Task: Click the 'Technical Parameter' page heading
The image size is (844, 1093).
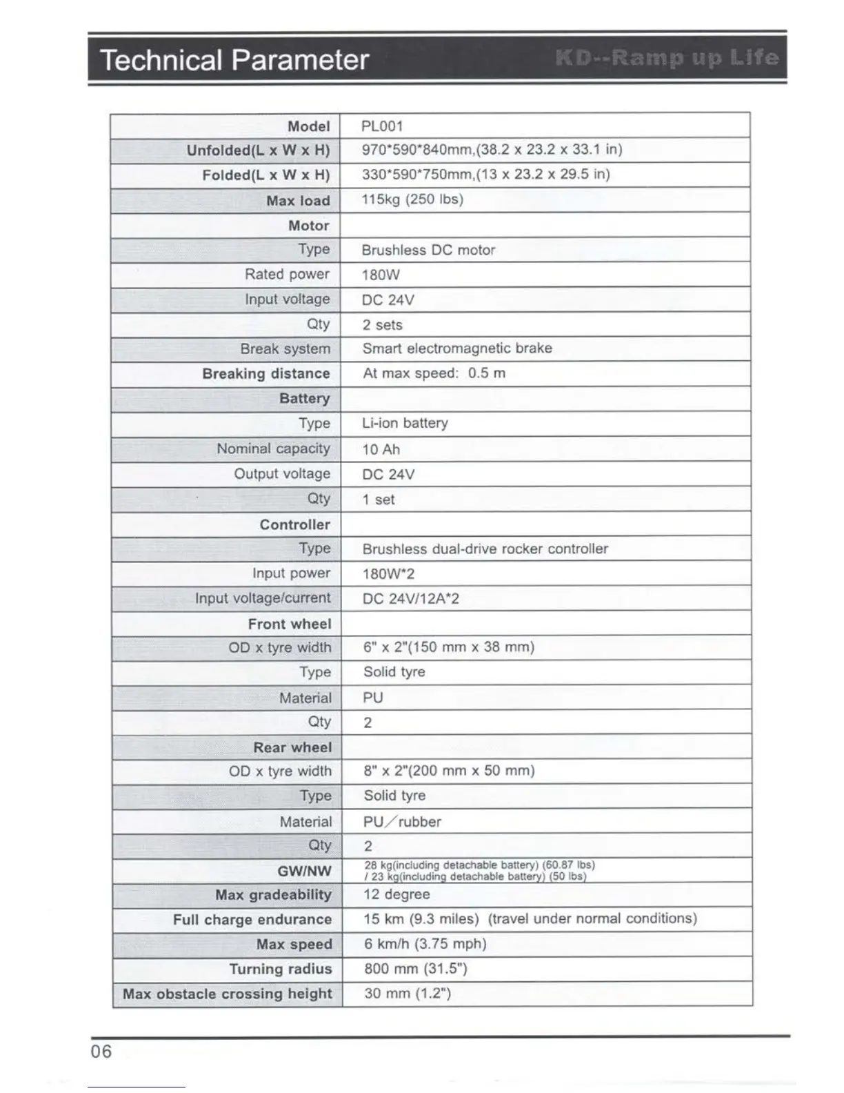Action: [x=234, y=60]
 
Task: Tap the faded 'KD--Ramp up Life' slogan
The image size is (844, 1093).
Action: [x=667, y=58]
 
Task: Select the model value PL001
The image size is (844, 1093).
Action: [x=382, y=126]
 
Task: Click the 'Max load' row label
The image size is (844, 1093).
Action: [x=298, y=201]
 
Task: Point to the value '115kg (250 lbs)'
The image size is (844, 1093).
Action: [x=412, y=199]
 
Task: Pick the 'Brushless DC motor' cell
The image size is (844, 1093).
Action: [x=428, y=250]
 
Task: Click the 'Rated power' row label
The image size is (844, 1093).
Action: [x=287, y=274]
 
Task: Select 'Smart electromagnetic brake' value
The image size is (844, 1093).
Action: [x=457, y=348]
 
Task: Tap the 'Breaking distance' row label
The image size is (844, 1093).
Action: [x=266, y=373]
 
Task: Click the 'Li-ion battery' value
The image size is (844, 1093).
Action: [x=405, y=423]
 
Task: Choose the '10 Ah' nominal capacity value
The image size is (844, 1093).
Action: [x=381, y=449]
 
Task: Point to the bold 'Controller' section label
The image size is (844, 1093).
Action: [x=295, y=524]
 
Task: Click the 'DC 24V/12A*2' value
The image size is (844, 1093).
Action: [x=411, y=599]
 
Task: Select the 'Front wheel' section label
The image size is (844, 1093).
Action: [x=290, y=624]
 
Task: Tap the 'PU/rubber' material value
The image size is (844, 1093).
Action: [x=402, y=822]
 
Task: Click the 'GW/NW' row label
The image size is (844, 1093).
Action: [x=304, y=871]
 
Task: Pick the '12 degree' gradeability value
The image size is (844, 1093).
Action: [x=396, y=894]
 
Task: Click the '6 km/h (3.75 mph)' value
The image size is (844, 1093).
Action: [x=425, y=944]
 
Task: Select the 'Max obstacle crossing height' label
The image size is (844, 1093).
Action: [x=228, y=994]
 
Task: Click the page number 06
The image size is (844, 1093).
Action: [x=101, y=1052]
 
